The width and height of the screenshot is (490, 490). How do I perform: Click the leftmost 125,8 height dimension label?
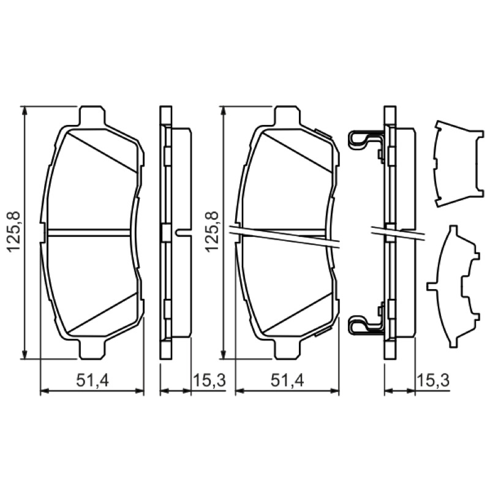coord(13,232)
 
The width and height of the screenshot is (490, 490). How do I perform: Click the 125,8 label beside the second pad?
coord(211,232)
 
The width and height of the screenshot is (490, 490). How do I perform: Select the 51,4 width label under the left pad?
coord(92,381)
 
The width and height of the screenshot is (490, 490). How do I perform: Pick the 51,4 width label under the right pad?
coord(287,381)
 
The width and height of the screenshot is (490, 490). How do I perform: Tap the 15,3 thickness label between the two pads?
coord(209,380)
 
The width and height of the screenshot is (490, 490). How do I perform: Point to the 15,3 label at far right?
coord(433,380)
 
